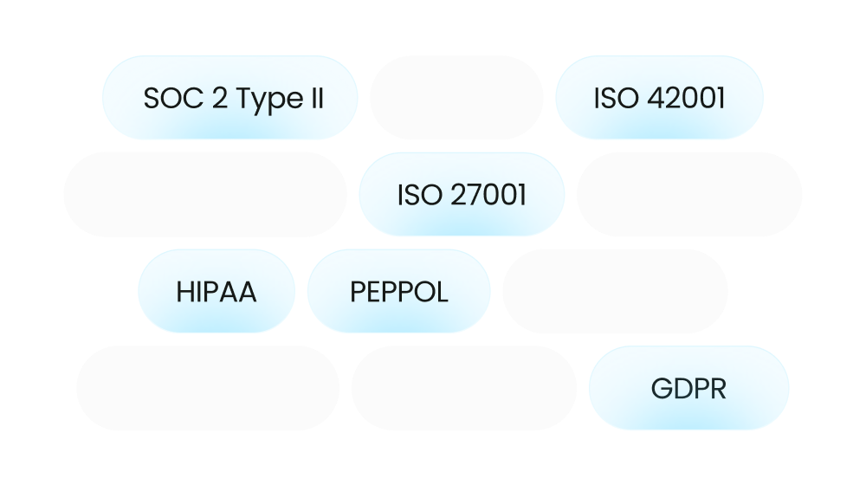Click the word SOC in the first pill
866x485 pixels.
click(173, 99)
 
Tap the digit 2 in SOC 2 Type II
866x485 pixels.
click(220, 99)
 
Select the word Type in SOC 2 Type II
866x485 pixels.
click(270, 100)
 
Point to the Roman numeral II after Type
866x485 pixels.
click(317, 99)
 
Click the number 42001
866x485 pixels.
click(686, 99)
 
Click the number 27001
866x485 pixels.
click(488, 195)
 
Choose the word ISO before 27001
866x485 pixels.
click(420, 195)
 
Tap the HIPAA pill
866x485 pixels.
click(216, 291)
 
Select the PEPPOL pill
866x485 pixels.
click(398, 291)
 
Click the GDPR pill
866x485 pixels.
click(688, 388)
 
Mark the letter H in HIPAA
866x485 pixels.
click(185, 292)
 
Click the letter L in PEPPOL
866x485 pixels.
click(442, 292)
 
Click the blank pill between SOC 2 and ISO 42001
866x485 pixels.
click(456, 97)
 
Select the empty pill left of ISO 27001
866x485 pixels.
click(205, 195)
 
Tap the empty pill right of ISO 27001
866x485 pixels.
click(689, 195)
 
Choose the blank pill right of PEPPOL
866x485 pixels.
click(615, 291)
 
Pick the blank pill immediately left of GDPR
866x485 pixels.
click(464, 388)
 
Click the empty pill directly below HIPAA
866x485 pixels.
click(208, 388)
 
